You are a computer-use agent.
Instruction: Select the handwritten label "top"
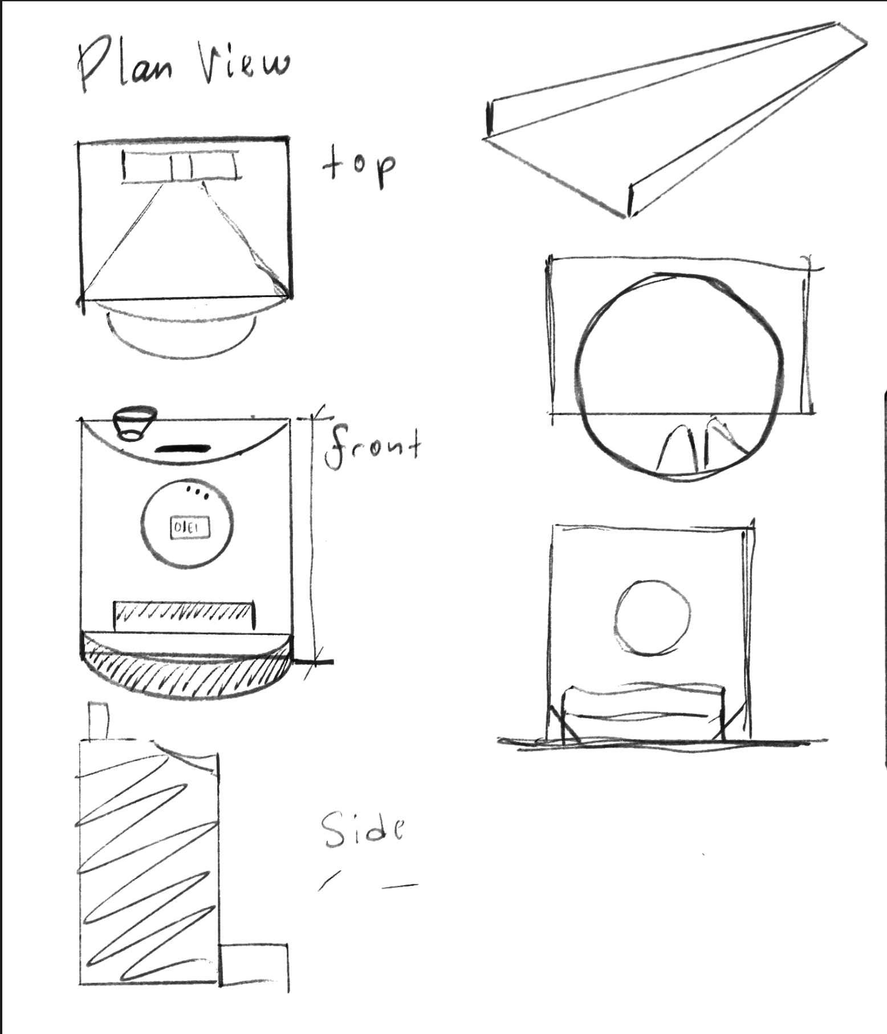pyautogui.click(x=359, y=166)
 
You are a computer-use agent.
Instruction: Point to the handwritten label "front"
pyautogui.click(x=373, y=448)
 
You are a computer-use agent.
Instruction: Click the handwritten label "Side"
pyautogui.click(x=363, y=830)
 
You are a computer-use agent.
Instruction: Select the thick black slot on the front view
pyautogui.click(x=183, y=449)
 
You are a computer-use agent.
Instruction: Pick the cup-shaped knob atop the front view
pyautogui.click(x=134, y=423)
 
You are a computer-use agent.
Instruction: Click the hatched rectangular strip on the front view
pyautogui.click(x=184, y=616)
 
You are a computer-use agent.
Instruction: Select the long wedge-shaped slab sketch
pyautogui.click(x=676, y=120)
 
